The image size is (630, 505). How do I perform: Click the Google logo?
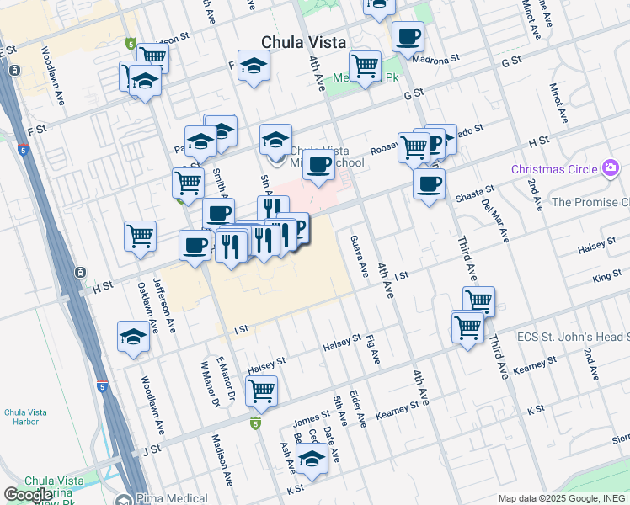point(28,495)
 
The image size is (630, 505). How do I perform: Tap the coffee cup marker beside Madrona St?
point(408,37)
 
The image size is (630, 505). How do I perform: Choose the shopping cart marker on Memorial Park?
point(365,65)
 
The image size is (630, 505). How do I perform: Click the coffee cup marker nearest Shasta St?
point(429,183)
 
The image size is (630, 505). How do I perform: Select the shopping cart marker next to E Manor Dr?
point(261,390)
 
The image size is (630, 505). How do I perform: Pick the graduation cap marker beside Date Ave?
point(312,459)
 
